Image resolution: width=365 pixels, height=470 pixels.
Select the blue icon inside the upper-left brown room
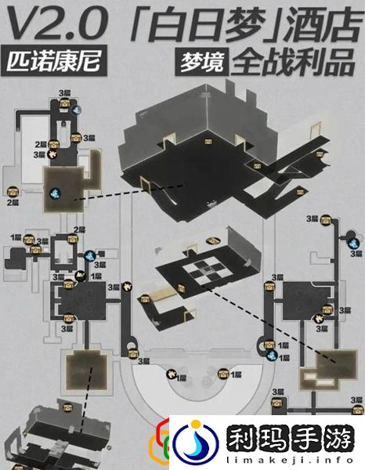pyautogui.click(x=58, y=190)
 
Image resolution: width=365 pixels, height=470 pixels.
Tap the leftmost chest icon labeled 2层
pyautogui.click(x=13, y=191)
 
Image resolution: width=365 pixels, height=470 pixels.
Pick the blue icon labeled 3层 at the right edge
pyautogui.click(x=355, y=244)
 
